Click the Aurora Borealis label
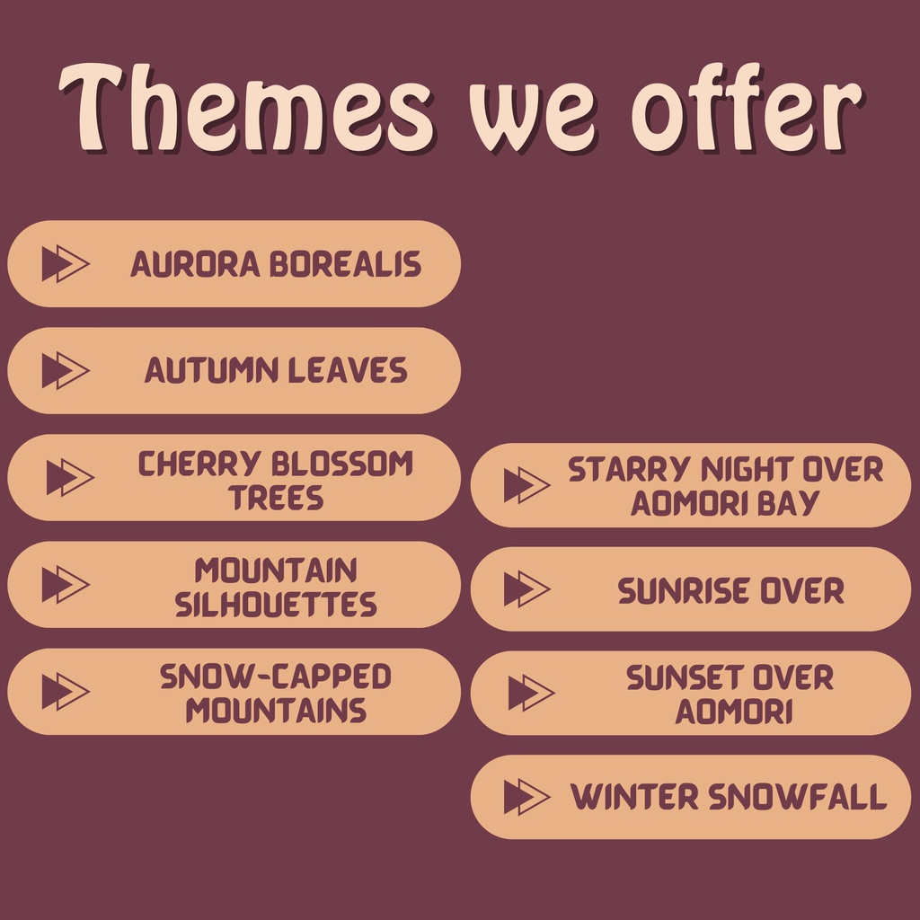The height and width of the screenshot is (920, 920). point(276,264)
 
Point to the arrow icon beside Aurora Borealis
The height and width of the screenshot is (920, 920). point(66,264)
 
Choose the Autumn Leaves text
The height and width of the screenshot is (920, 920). point(276,371)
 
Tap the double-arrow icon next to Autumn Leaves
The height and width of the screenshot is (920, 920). point(66,371)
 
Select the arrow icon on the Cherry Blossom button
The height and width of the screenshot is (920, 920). point(70,478)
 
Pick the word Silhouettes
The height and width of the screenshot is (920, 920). point(276,605)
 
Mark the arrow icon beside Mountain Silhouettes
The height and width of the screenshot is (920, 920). point(66,584)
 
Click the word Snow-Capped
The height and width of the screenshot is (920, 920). point(276,677)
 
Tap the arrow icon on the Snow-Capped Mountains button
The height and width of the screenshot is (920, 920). point(66,691)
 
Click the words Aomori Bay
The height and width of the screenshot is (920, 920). point(725,503)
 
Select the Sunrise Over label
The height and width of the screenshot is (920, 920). point(730,590)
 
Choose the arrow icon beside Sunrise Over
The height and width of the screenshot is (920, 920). point(527,589)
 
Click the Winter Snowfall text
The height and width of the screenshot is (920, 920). point(728,797)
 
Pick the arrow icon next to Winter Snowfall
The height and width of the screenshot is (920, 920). point(527,797)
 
